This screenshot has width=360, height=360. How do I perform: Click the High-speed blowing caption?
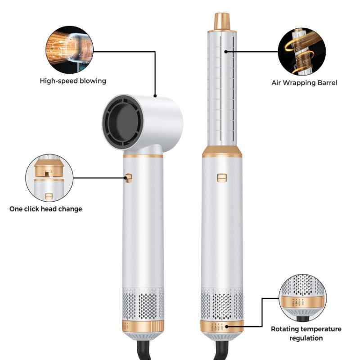coord(72,81)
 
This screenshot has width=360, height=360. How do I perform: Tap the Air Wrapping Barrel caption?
coord(304,83)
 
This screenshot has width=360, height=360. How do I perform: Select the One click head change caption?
coord(46,209)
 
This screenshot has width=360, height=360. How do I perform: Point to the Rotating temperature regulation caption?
coord(306,333)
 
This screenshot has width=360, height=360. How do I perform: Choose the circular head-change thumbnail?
coord(49,178)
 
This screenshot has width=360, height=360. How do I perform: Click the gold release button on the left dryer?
coord(129,178)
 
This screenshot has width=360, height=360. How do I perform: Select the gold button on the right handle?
coord(221,178)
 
